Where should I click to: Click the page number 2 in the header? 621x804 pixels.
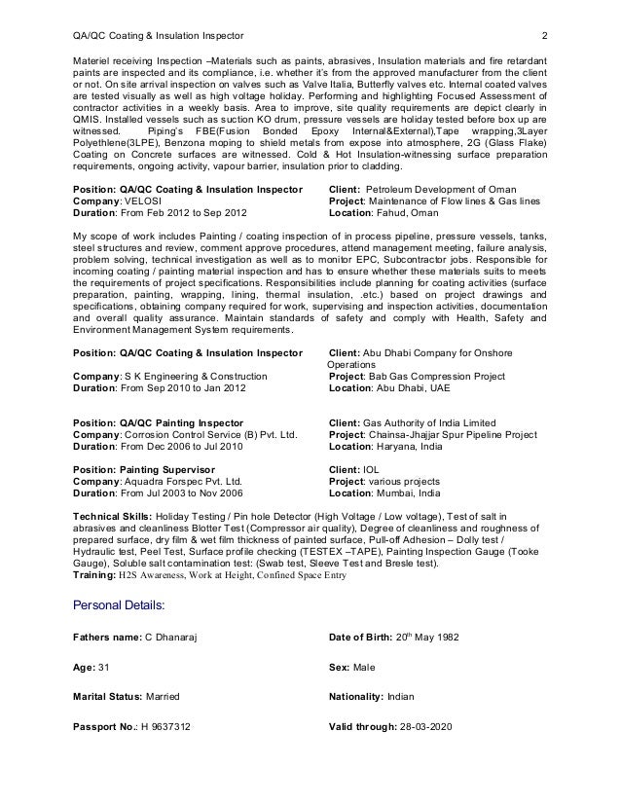[544, 38]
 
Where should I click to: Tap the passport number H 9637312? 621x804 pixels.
[165, 753]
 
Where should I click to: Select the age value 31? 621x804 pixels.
[104, 669]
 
